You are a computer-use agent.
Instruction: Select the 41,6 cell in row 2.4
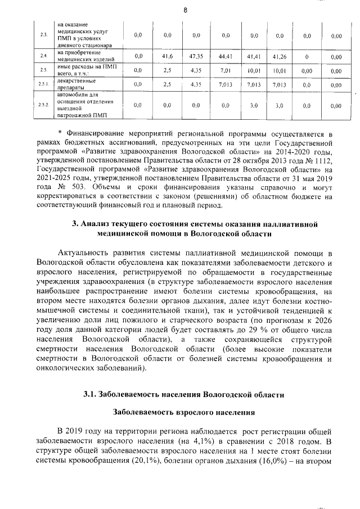click(167, 56)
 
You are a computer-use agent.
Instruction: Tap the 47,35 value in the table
click(196, 56)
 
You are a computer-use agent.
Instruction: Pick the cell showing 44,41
click(226, 56)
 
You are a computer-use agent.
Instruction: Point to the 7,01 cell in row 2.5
click(226, 71)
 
